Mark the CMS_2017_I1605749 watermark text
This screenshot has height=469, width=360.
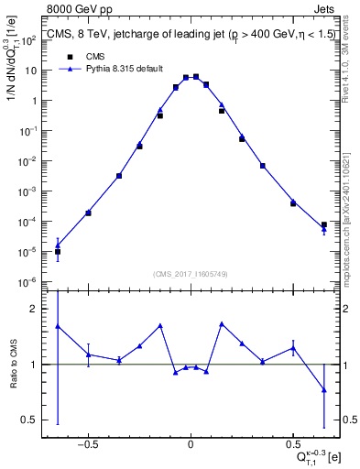click(x=191, y=274)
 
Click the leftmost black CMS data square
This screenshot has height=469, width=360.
click(x=58, y=252)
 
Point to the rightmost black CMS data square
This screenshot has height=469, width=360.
click(x=323, y=224)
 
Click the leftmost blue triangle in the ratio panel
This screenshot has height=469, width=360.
click(x=58, y=326)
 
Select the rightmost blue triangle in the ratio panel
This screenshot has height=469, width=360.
click(x=323, y=389)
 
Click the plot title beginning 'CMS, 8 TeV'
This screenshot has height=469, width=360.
click(x=191, y=38)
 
